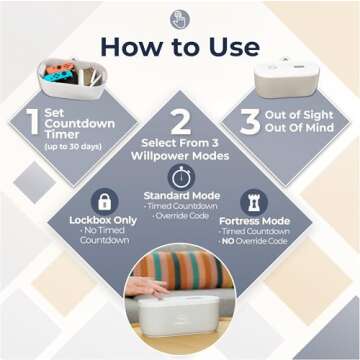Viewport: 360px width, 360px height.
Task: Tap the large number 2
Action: click(180, 122)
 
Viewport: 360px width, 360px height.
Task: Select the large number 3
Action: click(250, 122)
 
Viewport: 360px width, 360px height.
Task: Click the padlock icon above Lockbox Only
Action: click(105, 202)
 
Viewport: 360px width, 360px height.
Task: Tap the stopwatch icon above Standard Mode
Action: click(181, 177)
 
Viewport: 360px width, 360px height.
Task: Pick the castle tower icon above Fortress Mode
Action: click(254, 202)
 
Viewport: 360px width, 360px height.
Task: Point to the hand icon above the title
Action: click(180, 20)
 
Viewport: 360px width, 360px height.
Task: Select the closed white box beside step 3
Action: click(286, 78)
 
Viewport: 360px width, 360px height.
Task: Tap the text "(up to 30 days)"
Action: click(73, 147)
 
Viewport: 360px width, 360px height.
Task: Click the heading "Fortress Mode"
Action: click(254, 221)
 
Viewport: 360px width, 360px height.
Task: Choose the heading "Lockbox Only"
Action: click(103, 220)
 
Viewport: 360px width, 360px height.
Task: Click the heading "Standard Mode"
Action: click(182, 195)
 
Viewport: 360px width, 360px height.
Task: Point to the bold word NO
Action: click(228, 241)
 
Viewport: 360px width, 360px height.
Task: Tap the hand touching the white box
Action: click(147, 287)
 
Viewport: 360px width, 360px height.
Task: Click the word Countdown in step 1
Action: click(80, 124)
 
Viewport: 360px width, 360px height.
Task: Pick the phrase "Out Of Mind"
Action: click(299, 128)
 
